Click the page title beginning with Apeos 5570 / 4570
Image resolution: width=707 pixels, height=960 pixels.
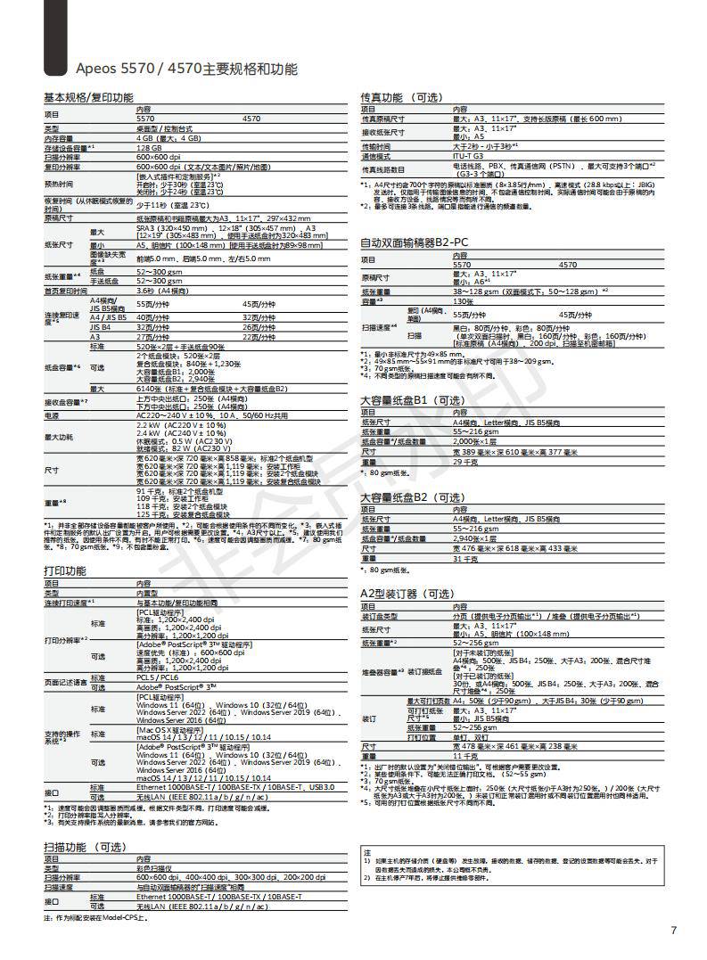[186, 69]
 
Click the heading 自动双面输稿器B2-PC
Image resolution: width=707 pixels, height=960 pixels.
[414, 242]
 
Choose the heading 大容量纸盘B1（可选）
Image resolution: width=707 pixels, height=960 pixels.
[413, 400]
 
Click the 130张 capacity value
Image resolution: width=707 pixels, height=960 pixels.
[464, 300]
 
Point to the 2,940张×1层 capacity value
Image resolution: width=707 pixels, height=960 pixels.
[475, 538]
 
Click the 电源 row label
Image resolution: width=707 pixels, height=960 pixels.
[53, 415]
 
